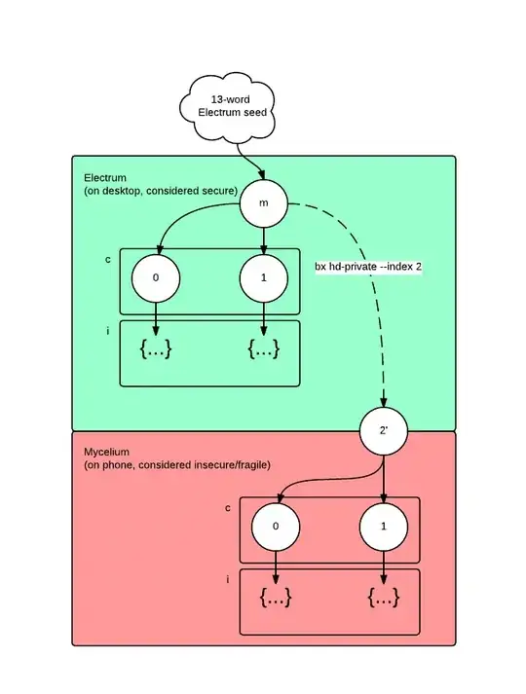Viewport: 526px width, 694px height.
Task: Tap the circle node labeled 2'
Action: (384, 429)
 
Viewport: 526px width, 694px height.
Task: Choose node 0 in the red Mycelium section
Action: (276, 527)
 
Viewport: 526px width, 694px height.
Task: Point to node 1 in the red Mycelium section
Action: (384, 527)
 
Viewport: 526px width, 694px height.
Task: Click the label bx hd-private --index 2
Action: (367, 267)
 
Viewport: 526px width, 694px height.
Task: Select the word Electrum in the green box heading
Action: (105, 176)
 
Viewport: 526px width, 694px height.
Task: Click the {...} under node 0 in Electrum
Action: (156, 348)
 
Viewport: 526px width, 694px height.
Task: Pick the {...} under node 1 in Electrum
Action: (264, 348)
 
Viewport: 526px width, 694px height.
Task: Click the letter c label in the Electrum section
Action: (107, 259)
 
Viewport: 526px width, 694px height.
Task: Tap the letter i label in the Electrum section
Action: (107, 332)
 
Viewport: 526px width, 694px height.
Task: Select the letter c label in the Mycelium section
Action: (228, 507)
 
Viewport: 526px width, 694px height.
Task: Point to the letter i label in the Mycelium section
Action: (228, 580)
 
